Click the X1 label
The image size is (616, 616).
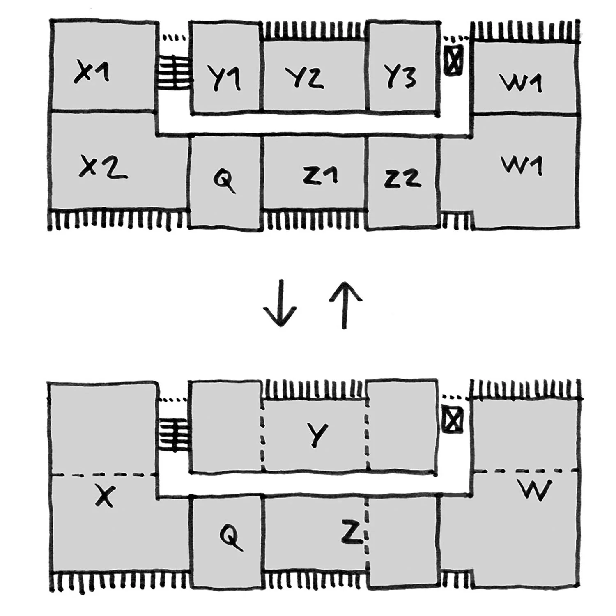point(92,72)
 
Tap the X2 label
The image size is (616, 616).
point(103,168)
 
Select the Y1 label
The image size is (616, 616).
point(224,78)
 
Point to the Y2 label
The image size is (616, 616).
point(305,78)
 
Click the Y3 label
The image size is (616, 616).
point(400,76)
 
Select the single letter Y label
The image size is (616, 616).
point(317,434)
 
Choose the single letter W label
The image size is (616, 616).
point(535,490)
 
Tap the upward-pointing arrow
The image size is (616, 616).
point(345,305)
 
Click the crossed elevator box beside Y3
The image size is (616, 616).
point(453,60)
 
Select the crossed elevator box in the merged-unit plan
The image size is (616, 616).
point(453,419)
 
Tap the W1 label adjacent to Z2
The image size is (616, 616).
point(522,165)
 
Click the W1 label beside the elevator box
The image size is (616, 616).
point(521,83)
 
